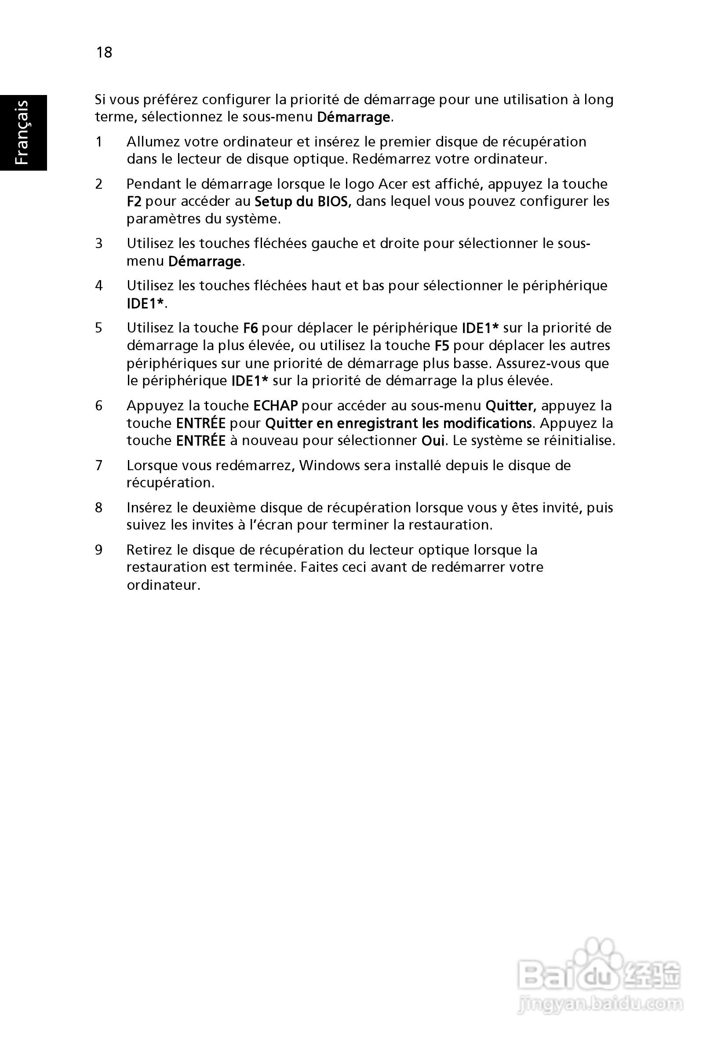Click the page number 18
click(x=104, y=52)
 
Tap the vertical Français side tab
click(x=22, y=132)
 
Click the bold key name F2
click(x=134, y=201)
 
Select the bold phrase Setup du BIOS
click(x=302, y=201)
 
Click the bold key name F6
click(x=250, y=328)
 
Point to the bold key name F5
click(x=442, y=346)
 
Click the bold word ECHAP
click(x=275, y=406)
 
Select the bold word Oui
click(x=433, y=441)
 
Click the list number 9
click(x=99, y=550)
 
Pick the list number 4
click(x=99, y=286)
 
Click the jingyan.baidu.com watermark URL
click(x=600, y=1003)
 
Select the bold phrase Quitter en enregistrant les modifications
click(x=398, y=424)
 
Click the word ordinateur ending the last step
click(x=163, y=585)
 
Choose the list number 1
click(x=99, y=142)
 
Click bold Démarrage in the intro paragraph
click(x=353, y=117)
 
